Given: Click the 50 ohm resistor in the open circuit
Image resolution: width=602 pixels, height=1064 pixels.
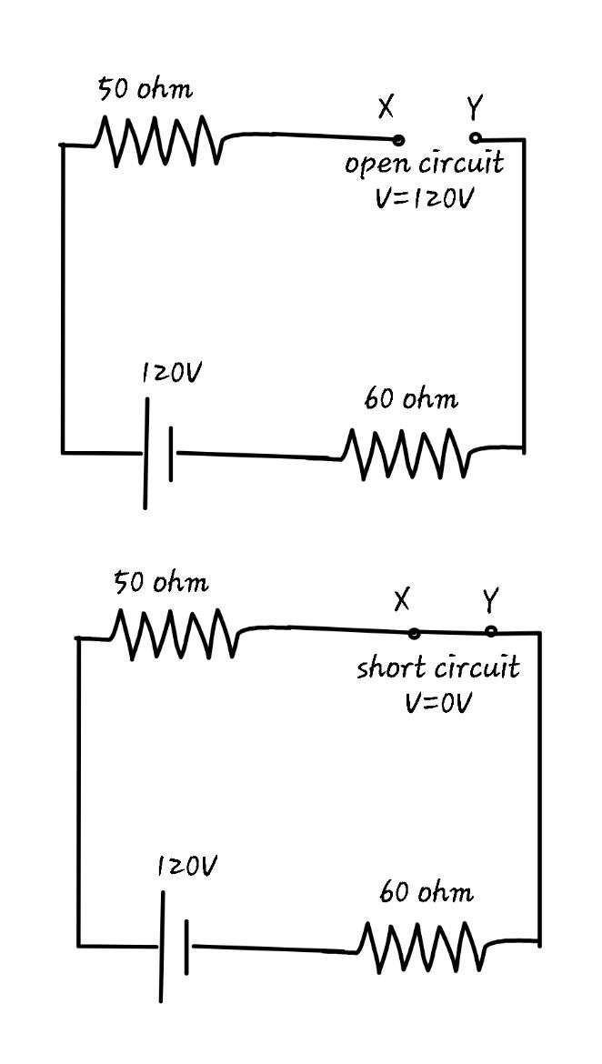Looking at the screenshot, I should tap(157, 141).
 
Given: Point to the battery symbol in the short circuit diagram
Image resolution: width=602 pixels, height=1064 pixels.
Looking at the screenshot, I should tap(174, 947).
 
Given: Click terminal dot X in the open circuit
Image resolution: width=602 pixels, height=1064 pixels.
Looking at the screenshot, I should tap(398, 140).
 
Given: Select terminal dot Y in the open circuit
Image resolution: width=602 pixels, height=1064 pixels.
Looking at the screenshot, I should tap(475, 138).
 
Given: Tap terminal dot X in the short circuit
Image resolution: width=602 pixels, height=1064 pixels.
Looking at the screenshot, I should tap(414, 633).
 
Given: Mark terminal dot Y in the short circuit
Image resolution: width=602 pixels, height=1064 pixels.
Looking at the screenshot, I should tap(491, 631).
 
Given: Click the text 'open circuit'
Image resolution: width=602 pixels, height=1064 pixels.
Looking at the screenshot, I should tap(424, 166).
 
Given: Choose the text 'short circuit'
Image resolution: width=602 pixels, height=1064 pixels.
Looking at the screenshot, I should tap(438, 668).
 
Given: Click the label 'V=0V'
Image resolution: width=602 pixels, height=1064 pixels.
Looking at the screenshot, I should tap(439, 703).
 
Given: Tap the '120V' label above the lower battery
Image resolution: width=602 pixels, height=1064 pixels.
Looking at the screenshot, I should tap(186, 867).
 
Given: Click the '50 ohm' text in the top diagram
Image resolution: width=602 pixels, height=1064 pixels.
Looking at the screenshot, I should tap(145, 90).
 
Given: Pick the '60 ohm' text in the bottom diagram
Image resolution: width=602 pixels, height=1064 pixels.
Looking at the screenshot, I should tap(426, 893).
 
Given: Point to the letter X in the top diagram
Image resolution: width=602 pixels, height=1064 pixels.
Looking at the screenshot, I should tap(386, 107).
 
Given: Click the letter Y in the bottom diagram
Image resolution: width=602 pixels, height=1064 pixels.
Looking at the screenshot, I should tap(490, 600).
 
